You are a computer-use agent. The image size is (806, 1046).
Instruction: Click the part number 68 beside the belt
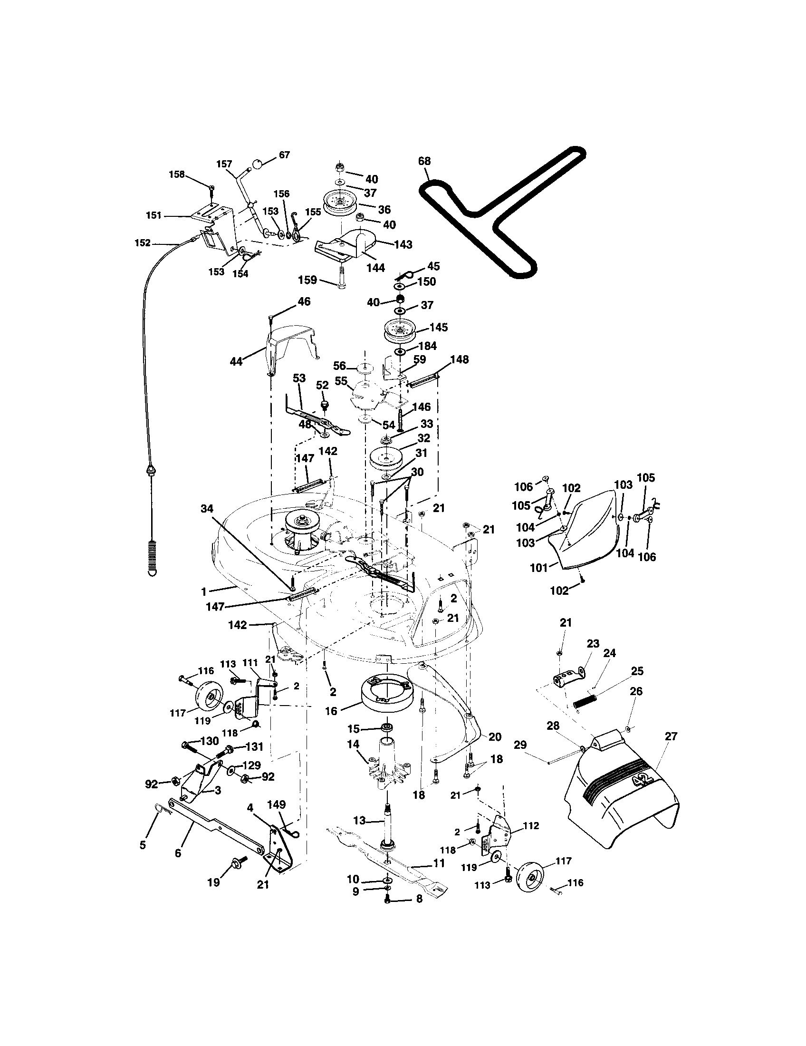424,161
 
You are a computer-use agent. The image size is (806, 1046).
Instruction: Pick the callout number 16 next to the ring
331,711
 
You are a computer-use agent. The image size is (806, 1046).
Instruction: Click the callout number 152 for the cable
143,243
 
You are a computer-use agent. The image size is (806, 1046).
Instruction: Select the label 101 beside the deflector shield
538,569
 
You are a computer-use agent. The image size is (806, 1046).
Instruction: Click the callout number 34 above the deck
207,509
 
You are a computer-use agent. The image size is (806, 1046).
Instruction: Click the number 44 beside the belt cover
236,362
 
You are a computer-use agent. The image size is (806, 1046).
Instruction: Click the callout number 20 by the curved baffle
495,736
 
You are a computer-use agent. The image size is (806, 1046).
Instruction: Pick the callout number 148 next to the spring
460,359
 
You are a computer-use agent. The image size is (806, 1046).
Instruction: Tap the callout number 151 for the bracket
154,215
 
